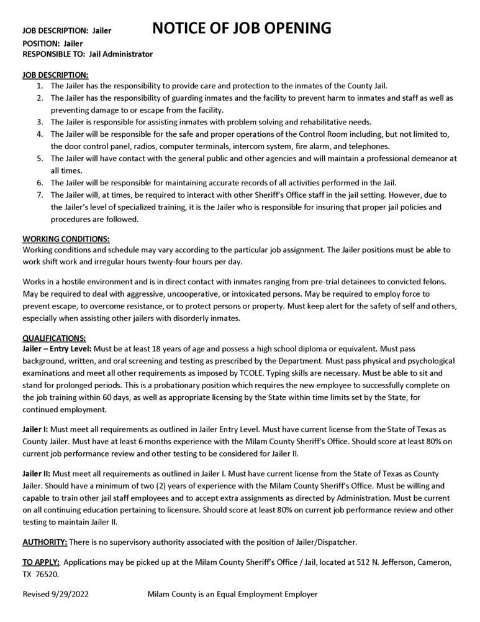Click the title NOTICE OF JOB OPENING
coord(241,28)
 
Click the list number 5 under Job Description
coord(39,159)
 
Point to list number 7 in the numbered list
coord(39,195)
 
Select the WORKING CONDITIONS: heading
coord(66,239)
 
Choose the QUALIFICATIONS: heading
coord(54,338)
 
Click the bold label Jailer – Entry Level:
coord(57,349)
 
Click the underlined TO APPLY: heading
coord(41,562)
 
